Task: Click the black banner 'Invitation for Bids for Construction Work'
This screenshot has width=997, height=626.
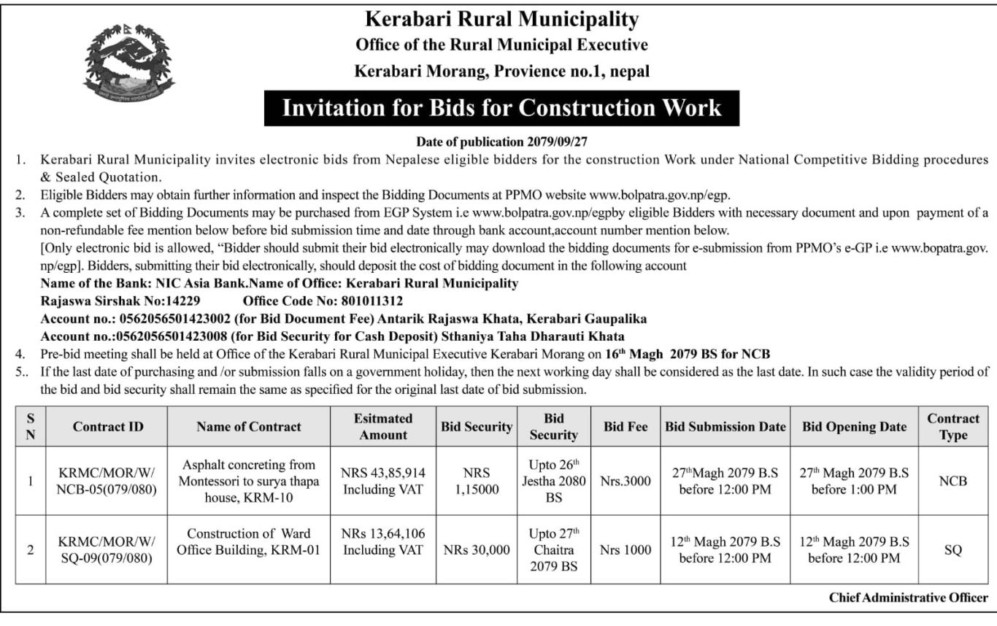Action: [501, 108]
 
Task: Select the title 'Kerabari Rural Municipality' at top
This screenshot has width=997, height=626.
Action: [501, 19]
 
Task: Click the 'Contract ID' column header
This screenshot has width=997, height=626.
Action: [107, 427]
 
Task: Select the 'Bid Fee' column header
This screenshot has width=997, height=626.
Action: [625, 427]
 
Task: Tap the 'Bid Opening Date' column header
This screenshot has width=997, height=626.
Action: [854, 427]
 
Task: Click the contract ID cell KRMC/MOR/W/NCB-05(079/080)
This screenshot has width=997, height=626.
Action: [107, 481]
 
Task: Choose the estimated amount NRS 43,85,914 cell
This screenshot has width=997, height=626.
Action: [382, 481]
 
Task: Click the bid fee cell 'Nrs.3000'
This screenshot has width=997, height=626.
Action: [625, 481]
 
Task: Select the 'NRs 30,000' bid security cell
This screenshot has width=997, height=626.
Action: [477, 550]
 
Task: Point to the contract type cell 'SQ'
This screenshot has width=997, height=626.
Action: [953, 550]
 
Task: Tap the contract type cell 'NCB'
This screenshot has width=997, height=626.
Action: [953, 481]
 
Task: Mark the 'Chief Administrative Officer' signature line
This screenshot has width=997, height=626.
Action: [908, 598]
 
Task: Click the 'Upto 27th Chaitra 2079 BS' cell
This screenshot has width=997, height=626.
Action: [553, 550]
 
